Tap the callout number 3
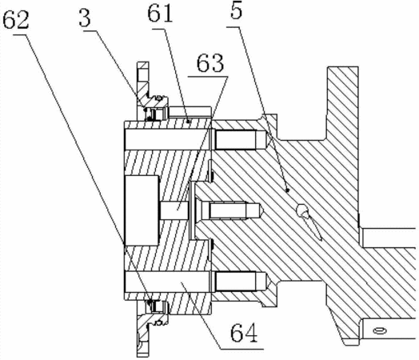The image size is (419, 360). pos(85,18)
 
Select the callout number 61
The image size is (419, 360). pos(160,14)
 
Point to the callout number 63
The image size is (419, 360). pos(210,64)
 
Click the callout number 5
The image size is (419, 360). pos(236,10)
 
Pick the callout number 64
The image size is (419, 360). pos(244,333)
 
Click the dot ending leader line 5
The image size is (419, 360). pos(288,190)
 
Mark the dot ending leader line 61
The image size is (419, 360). pos(189,122)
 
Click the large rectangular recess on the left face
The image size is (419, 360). pos(142,210)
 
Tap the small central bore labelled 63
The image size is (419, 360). pos(174,210)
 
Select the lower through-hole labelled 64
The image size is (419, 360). pos(168,282)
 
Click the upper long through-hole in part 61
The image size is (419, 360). pos(168,139)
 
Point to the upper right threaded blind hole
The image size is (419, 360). pos(241,139)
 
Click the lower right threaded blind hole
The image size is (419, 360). pos(241,281)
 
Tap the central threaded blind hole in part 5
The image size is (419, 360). pos(232,210)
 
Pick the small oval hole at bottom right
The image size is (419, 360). pos(380,331)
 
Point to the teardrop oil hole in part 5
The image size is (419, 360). pos(307,219)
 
